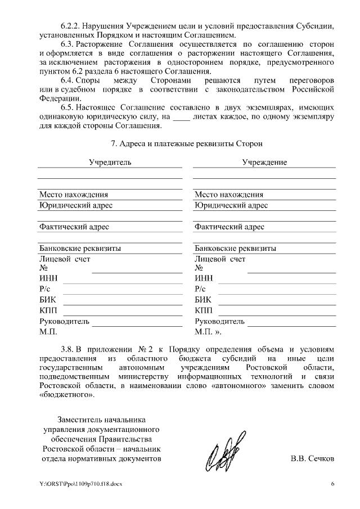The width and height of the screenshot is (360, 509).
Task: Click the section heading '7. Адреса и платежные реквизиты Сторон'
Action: pos(187,143)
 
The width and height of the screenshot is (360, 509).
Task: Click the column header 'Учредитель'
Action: pos(110,162)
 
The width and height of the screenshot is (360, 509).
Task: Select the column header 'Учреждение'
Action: pos(264,162)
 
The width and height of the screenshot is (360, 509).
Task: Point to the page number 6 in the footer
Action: pos(332,484)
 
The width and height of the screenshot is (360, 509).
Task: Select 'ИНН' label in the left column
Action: pos(48,278)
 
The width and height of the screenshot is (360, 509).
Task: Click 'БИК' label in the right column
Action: pos(203,300)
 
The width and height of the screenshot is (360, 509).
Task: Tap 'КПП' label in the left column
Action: pos(48,310)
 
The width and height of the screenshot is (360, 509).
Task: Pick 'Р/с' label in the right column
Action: pos(201,289)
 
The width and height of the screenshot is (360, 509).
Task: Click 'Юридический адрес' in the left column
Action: pos(75,205)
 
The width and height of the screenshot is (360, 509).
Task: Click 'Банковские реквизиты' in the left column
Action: pos(79,248)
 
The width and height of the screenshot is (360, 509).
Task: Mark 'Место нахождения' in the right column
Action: pos(229,195)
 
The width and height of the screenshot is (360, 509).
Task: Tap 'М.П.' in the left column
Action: pos(48,332)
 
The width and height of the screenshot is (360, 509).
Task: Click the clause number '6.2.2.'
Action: pos(72,26)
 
